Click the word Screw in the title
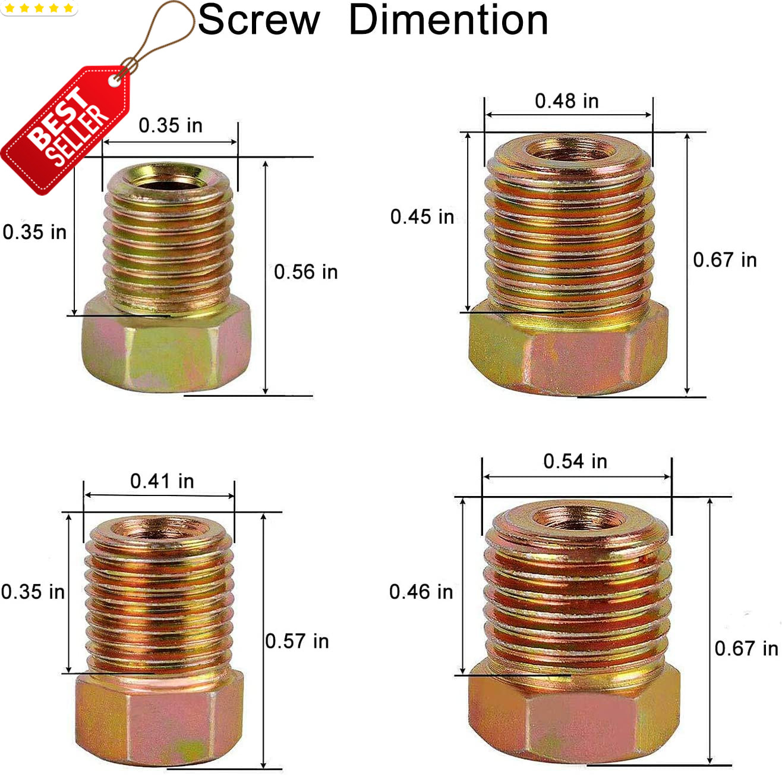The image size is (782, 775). (x=259, y=20)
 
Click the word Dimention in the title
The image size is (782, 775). (x=449, y=20)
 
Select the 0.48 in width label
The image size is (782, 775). (x=566, y=101)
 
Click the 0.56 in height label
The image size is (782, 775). (x=305, y=271)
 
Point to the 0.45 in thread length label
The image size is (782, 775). (x=422, y=217)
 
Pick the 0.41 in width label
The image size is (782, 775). (x=162, y=481)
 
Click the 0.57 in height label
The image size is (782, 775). (x=297, y=641)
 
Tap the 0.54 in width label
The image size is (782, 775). (x=575, y=461)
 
